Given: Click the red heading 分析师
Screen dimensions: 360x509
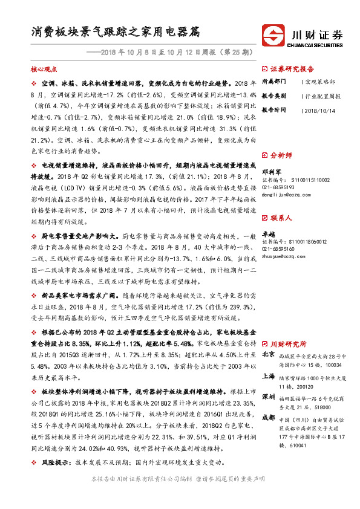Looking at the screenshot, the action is point(281,155).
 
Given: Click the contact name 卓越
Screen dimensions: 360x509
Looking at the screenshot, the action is point(267,233).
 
